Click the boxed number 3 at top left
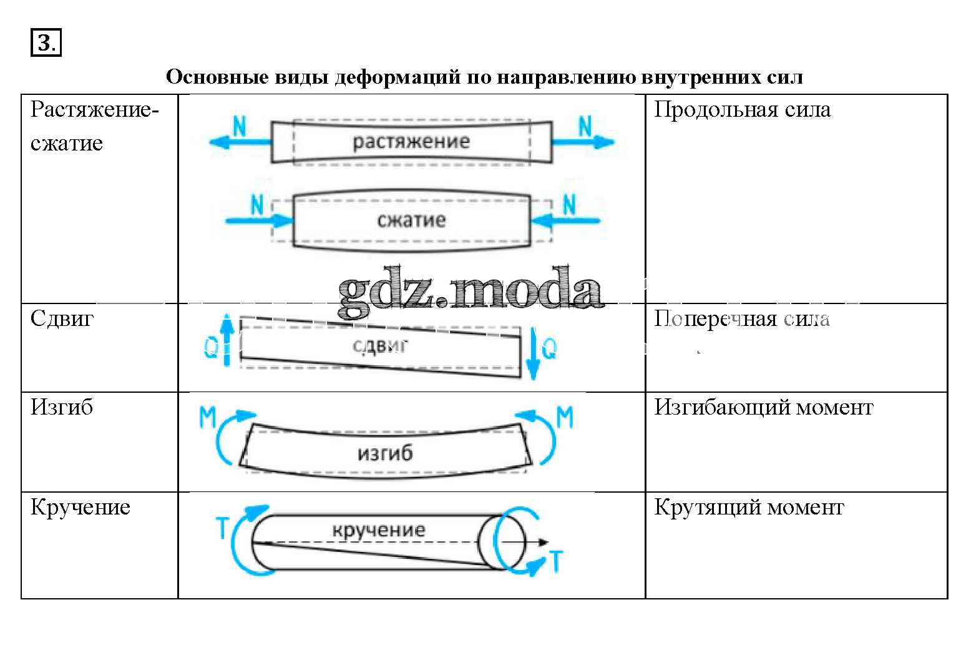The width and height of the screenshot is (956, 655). click(x=46, y=43)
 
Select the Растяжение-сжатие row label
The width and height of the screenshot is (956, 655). click(x=94, y=126)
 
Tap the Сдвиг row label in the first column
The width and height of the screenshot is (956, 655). click(x=62, y=318)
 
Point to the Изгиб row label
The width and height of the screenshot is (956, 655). click(x=62, y=407)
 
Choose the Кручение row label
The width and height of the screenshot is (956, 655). click(x=80, y=507)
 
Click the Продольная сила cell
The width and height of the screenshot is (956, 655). click(x=742, y=110)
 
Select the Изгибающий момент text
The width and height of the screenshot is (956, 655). click(x=763, y=407)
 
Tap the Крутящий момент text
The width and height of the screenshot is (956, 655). click(x=749, y=507)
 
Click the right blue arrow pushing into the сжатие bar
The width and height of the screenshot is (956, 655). click(x=564, y=220)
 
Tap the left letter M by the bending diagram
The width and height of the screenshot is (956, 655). click(x=208, y=417)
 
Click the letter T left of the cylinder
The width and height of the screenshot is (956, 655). click(x=222, y=528)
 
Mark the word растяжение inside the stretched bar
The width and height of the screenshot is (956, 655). click(x=411, y=141)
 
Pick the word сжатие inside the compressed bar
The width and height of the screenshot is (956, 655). click(x=411, y=220)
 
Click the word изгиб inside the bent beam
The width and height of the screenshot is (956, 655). click(x=385, y=453)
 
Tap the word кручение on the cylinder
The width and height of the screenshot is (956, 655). click(x=379, y=530)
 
